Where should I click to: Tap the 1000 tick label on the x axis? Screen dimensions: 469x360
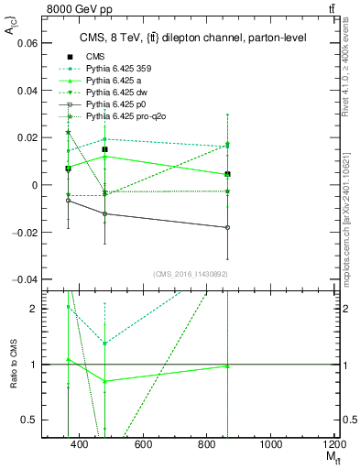click(271, 444)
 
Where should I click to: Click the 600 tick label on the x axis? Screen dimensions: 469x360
click(143, 444)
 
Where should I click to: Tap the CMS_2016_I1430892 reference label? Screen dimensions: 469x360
click(191, 273)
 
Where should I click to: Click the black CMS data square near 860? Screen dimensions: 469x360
click(227, 174)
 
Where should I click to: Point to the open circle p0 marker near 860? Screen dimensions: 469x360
click(227, 227)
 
